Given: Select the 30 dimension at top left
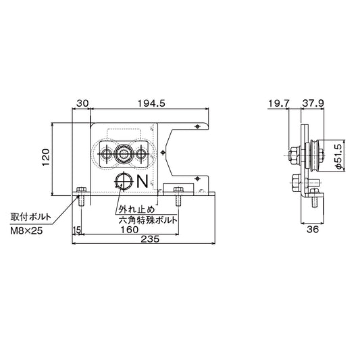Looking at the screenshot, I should coord(82,103).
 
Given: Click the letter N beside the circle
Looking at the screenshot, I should coord(142,181).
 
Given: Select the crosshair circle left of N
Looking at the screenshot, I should coord(124,180).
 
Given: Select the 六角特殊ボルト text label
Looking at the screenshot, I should coord(148,220).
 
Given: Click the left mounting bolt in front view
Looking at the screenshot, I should coord(82,197).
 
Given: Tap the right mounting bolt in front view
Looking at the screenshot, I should coord(178,197).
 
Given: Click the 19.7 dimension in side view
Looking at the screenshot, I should coord(278,103).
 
